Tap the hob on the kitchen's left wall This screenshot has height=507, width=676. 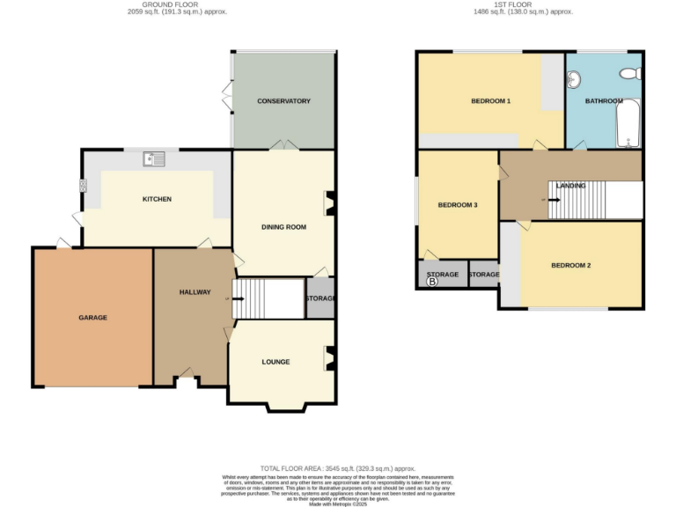coord(84,185)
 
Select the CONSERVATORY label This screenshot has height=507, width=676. coord(283,101)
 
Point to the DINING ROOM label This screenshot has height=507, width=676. coord(283,227)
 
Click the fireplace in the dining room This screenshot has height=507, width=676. coord(330,203)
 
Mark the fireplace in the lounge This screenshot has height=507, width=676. coord(330,357)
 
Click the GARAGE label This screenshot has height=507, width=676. coord(92,317)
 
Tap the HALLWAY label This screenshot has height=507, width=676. coord(195,292)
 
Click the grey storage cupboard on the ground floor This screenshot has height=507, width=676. coord(320,298)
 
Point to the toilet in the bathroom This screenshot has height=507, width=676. coord(628,74)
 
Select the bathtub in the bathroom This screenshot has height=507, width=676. coord(628,123)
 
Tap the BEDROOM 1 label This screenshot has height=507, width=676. coord(490,101)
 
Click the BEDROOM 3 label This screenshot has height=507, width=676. coord(458,205)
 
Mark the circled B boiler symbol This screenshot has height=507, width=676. coord(431,283)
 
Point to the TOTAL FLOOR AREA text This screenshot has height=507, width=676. coord(337,469)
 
